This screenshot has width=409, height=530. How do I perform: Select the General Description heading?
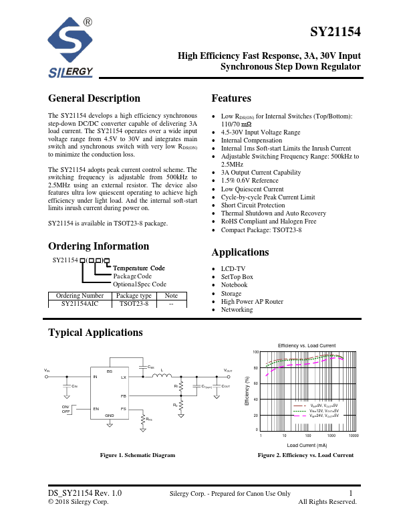(x=94, y=98)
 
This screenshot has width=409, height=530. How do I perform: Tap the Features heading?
(x=231, y=98)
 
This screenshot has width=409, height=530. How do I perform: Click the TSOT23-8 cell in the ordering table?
(x=134, y=304)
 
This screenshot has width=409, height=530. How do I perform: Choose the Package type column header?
(x=134, y=295)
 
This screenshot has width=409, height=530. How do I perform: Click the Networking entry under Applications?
(x=237, y=310)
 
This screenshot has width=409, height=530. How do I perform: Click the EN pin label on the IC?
(x=96, y=408)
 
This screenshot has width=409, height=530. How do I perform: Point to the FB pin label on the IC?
(x=123, y=396)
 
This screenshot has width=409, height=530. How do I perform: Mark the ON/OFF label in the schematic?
(x=65, y=409)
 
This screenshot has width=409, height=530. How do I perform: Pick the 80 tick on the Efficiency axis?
(x=255, y=368)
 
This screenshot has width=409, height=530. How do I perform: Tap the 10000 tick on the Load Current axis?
(x=354, y=436)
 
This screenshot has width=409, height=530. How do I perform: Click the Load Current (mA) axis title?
(x=307, y=445)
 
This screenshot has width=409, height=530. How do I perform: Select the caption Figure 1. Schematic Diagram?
(x=137, y=455)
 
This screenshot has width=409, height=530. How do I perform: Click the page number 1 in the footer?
(x=350, y=494)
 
